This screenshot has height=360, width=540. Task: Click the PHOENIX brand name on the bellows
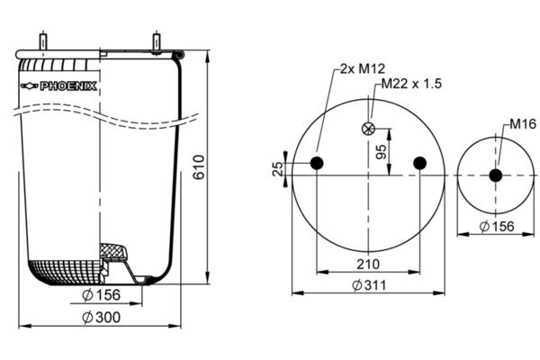click(68, 86)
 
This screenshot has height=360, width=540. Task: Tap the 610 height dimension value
click(199, 167)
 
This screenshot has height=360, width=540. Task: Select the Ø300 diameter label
click(102, 318)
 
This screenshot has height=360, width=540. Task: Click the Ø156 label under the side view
click(102, 295)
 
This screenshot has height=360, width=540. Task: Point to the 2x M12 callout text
click(363, 69)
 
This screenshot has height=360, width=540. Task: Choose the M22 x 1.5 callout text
click(411, 84)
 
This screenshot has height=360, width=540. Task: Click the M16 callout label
click(523, 123)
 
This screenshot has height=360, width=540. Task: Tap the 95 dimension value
click(381, 152)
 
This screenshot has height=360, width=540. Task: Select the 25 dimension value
click(277, 169)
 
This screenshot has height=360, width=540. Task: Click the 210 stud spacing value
click(368, 265)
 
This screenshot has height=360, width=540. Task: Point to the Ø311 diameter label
click(369, 285)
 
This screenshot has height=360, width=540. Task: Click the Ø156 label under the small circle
click(497, 226)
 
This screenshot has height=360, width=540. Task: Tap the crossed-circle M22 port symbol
click(368, 129)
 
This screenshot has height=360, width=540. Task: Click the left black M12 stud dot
click(317, 163)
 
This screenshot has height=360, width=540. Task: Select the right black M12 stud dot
click(419, 163)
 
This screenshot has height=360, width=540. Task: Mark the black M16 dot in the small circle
click(496, 175)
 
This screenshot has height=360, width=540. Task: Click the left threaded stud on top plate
click(43, 41)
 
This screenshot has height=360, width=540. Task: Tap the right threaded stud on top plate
click(157, 42)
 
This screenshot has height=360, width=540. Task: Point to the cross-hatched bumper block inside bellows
click(113, 252)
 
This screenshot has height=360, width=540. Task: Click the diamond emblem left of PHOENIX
click(30, 86)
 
